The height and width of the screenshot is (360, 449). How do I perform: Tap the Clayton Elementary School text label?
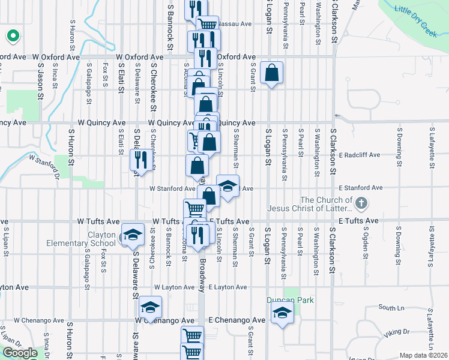click(82, 239)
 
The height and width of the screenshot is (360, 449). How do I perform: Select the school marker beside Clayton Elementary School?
click(133, 235)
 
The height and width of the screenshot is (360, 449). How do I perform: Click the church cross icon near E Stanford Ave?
click(361, 204)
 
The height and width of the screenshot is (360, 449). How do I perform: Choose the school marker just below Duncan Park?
click(282, 313)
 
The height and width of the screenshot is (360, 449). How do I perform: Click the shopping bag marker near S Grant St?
click(271, 73)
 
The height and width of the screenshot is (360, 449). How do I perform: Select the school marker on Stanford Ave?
click(228, 186)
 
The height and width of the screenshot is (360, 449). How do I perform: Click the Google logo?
click(20, 353)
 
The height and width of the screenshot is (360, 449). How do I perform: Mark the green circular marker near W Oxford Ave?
click(13, 36)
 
